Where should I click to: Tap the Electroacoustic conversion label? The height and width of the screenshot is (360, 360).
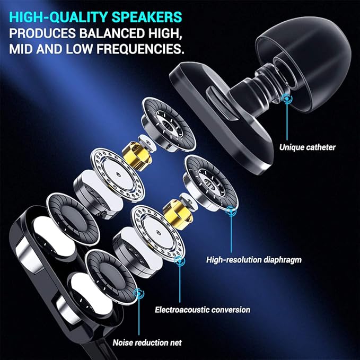pyautogui.click(x=202, y=309)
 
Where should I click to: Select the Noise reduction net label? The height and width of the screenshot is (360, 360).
pyautogui.click(x=147, y=343)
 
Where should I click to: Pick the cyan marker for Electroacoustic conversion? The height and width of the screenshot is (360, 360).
pyautogui.click(x=180, y=261)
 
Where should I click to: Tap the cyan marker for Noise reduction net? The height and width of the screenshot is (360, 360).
pyautogui.click(x=140, y=293)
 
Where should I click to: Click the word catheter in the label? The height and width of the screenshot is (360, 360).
pyautogui.click(x=321, y=147)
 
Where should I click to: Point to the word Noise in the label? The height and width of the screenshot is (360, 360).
pyautogui.click(x=122, y=343)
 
